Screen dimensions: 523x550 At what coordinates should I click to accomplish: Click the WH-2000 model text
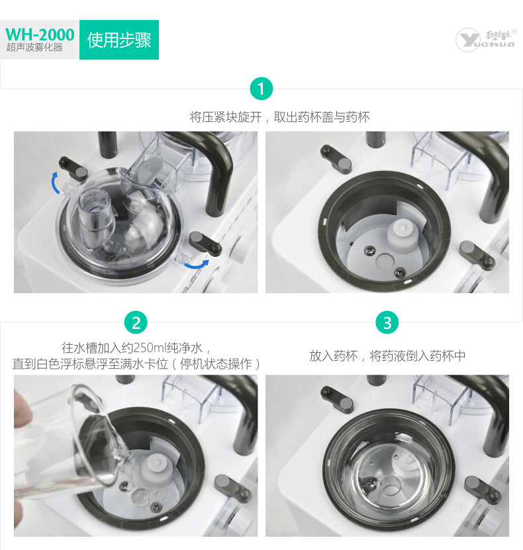(x=40, y=34)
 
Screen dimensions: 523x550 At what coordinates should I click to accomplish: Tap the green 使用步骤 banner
(x=119, y=40)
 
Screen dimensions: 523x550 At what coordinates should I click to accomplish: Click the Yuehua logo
(x=486, y=40)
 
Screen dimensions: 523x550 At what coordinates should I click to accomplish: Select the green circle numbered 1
(x=261, y=89)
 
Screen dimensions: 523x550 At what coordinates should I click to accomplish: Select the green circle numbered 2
(x=136, y=323)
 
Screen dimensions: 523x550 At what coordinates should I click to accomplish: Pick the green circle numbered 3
(x=387, y=323)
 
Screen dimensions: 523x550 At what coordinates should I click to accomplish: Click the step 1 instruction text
(x=279, y=117)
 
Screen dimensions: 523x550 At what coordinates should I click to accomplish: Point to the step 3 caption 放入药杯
(x=333, y=356)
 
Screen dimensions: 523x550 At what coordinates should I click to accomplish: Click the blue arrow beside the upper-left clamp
(x=55, y=183)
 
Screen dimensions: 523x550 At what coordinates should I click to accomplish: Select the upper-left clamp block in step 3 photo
(x=336, y=398)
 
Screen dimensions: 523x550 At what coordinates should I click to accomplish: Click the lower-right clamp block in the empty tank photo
(x=477, y=254)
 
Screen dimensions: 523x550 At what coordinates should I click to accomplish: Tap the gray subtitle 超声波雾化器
(x=34, y=48)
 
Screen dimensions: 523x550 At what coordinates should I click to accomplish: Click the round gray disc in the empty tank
(x=385, y=261)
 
